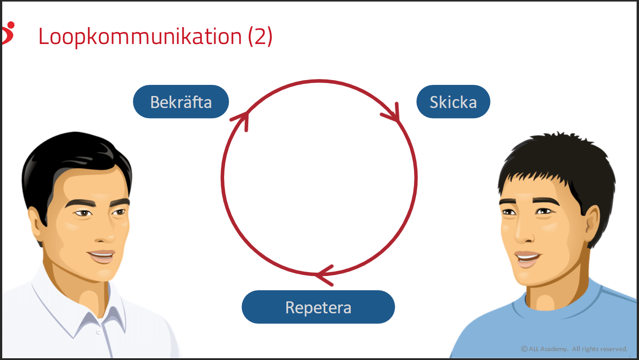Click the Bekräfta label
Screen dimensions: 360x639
point(181,102)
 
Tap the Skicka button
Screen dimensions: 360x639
point(453,102)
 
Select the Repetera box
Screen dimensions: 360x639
point(318,307)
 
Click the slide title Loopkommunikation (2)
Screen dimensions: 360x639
point(155,36)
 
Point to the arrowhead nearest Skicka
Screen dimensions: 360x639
point(393,115)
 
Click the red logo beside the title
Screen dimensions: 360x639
point(8,32)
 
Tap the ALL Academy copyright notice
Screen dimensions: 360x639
point(574,349)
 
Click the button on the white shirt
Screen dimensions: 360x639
point(99,331)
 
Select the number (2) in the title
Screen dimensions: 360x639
point(260,36)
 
